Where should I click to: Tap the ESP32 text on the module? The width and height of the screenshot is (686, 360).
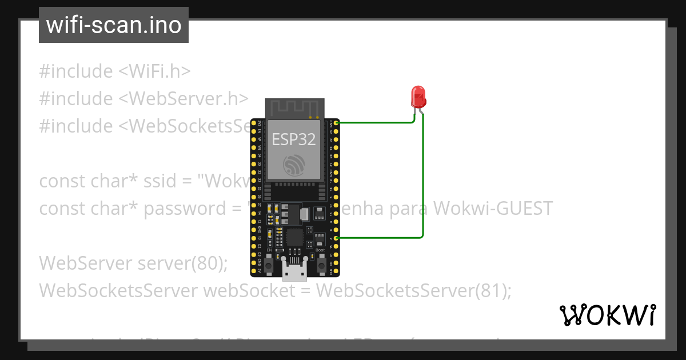[x=294, y=139]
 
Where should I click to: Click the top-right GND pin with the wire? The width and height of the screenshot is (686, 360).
[x=337, y=122]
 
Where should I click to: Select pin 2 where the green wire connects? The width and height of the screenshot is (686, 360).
[x=337, y=238]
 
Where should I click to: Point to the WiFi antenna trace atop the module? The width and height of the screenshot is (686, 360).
[x=294, y=107]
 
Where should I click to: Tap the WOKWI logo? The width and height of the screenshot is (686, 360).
[x=607, y=315]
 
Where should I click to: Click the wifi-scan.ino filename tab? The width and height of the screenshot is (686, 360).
[x=114, y=25]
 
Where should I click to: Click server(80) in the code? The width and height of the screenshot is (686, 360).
[x=183, y=263]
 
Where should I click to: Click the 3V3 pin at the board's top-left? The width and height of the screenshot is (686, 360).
[x=253, y=122]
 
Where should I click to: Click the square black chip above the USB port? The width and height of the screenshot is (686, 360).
[x=294, y=237]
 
